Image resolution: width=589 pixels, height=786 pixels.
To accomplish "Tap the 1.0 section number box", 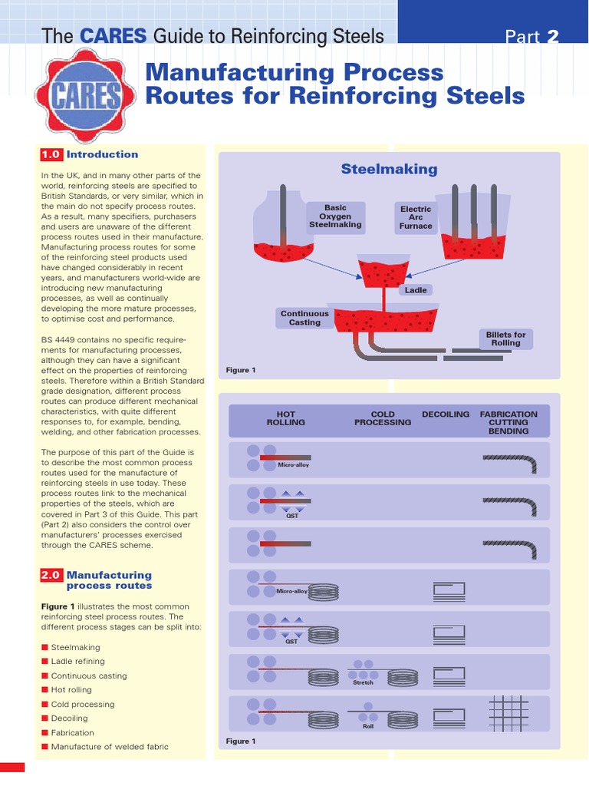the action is [51, 154].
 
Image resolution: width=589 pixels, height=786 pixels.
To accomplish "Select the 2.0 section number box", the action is [51, 575].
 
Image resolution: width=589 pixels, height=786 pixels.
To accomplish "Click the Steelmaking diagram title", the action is [389, 169].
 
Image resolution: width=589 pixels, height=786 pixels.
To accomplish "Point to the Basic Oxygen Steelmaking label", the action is [335, 217].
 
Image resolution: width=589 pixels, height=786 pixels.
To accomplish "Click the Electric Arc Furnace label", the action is [416, 217].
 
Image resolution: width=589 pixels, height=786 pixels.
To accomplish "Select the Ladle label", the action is [416, 290].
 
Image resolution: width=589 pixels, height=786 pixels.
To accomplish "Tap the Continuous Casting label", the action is [304, 318].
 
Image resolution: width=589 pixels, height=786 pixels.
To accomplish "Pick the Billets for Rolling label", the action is [505, 339].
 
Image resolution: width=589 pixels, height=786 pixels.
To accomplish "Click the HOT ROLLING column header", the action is [285, 418].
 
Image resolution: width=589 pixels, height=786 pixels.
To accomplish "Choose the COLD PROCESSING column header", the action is [383, 418].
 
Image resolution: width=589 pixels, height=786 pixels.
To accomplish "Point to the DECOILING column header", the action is [446, 414].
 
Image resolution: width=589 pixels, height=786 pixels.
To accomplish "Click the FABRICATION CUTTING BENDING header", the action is [508, 422].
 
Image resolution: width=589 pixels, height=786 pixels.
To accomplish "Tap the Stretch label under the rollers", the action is [363, 682].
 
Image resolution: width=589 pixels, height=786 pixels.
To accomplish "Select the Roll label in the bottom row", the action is [368, 725].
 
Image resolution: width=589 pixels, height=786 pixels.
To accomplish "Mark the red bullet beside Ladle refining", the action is [45, 662].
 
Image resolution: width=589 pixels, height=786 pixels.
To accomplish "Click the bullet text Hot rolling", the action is [71, 690].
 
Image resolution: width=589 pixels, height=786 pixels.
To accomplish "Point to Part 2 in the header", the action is [531, 36].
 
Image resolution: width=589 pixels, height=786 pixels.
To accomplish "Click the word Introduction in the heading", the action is [102, 154].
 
